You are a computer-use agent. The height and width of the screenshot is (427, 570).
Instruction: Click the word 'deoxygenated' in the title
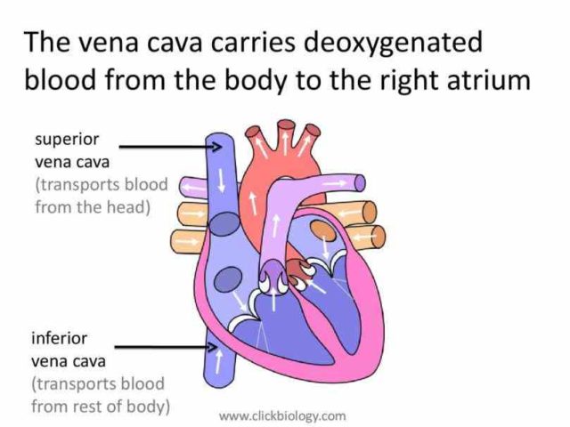393,44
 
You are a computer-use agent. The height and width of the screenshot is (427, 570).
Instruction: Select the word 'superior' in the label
67,141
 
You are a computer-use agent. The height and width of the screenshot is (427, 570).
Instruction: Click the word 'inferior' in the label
60,338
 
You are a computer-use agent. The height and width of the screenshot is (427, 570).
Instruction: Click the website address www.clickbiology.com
282,415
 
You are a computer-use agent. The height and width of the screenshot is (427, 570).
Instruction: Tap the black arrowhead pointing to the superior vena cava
217,147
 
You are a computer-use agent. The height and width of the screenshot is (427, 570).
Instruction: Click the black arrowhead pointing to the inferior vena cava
213,347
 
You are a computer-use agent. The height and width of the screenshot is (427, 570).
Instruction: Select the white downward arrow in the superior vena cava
221,180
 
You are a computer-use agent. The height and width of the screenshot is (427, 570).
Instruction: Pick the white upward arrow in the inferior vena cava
218,362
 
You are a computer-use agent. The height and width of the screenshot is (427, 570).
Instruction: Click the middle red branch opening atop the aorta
286,125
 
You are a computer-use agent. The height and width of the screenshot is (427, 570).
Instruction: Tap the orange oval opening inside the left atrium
322,231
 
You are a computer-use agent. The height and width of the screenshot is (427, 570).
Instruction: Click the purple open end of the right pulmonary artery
360,183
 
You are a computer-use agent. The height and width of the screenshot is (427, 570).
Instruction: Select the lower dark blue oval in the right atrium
228,279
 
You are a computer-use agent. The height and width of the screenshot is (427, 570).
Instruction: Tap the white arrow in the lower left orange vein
186,241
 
